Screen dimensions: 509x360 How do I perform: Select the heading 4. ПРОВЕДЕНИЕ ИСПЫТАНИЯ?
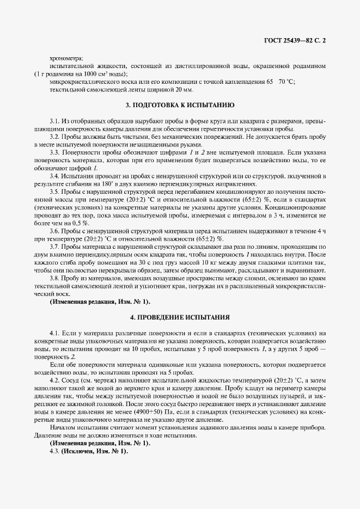point(180,316)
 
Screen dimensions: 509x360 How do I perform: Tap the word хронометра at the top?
point(65,58)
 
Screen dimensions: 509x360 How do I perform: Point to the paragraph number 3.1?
point(54,120)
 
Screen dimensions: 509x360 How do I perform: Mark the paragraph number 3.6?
point(54,231)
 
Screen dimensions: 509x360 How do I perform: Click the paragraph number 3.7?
point(54,247)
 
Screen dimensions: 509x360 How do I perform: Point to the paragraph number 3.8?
point(54,278)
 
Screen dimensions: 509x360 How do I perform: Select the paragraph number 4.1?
point(54,333)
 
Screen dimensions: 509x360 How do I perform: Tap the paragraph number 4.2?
point(54,379)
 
